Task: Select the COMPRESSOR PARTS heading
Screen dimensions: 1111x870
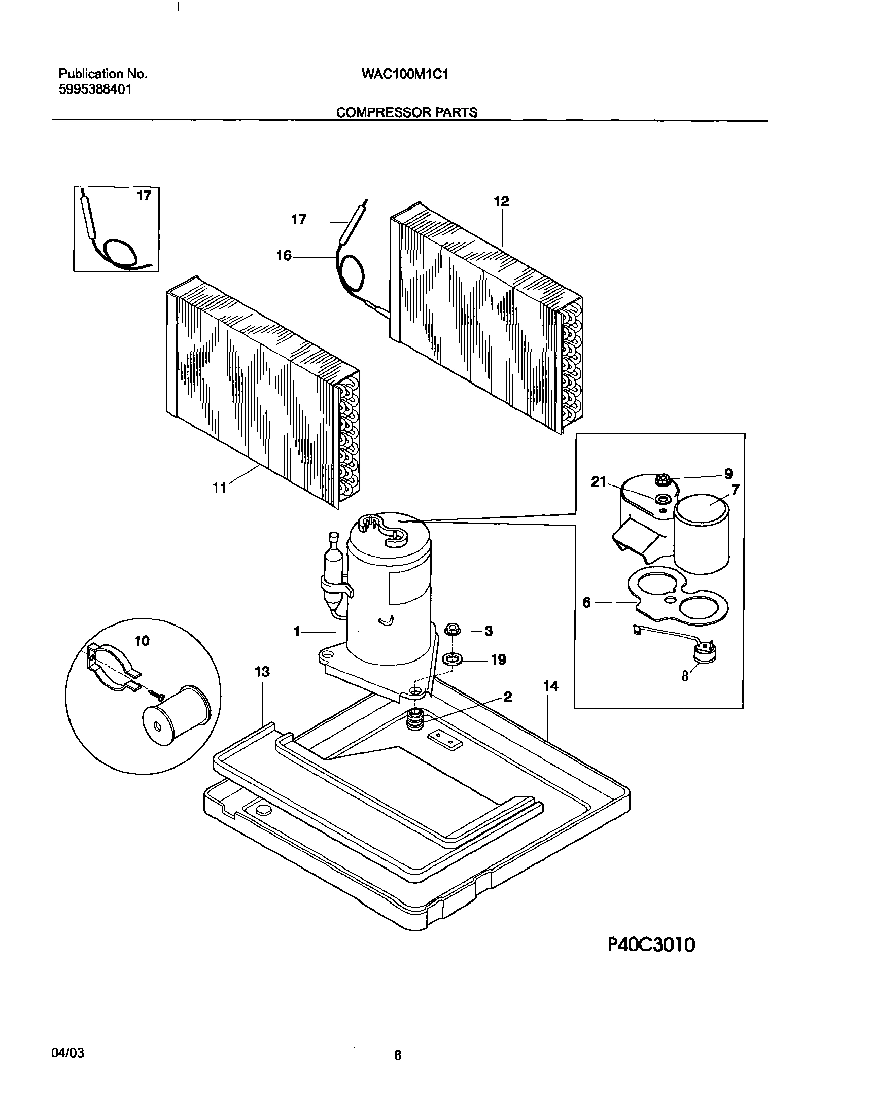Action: tap(406, 112)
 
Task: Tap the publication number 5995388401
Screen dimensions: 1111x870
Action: tap(95, 90)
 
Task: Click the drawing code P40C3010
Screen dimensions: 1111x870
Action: tap(651, 945)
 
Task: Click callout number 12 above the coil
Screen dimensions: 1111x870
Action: tap(501, 202)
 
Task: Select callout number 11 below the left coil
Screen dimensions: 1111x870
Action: tap(219, 488)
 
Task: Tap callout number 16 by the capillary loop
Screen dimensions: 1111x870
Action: tap(284, 256)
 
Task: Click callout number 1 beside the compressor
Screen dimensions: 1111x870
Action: tap(296, 632)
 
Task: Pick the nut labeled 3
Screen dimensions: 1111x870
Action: tap(453, 630)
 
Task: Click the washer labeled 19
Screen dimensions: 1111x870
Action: tap(453, 659)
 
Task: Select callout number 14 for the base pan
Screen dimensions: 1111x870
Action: tap(550, 686)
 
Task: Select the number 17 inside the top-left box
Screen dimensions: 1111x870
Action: tap(144, 196)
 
